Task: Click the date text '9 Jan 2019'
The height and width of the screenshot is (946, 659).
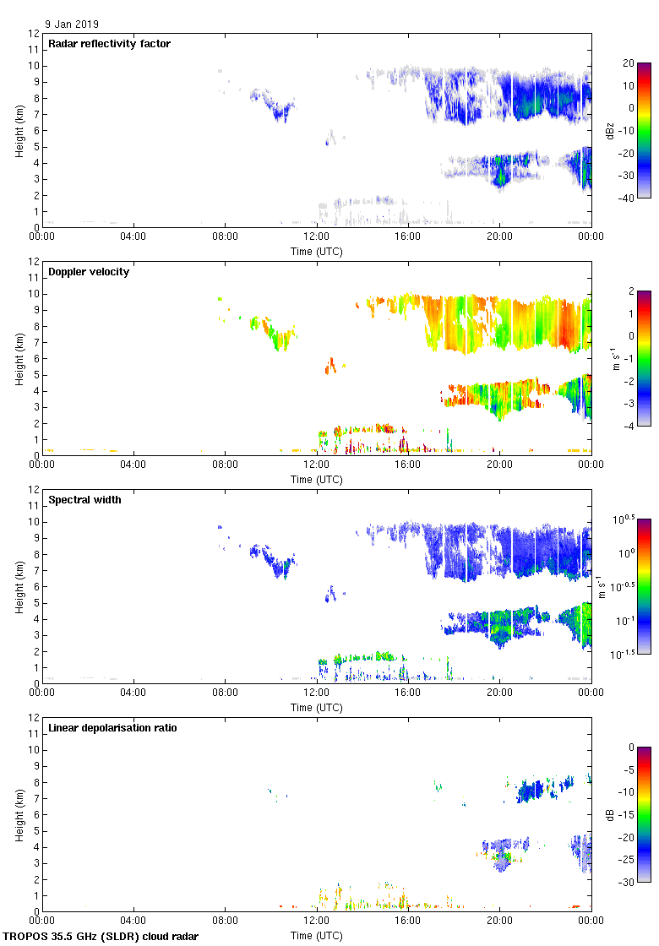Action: pos(72,24)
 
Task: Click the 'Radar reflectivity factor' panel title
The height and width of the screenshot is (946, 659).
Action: pos(110,44)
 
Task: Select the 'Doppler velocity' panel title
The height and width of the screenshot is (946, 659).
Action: pos(89,272)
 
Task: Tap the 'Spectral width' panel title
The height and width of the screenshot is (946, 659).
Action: pos(84,500)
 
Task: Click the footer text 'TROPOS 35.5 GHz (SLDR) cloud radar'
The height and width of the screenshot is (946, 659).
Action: pos(101,937)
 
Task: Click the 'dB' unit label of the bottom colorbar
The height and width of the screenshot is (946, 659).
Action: pos(610,814)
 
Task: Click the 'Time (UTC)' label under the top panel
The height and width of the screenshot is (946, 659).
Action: pos(317,252)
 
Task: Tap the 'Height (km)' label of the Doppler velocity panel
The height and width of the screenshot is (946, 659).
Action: pos(19,358)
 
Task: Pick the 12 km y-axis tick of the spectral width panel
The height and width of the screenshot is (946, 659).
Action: pos(35,490)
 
